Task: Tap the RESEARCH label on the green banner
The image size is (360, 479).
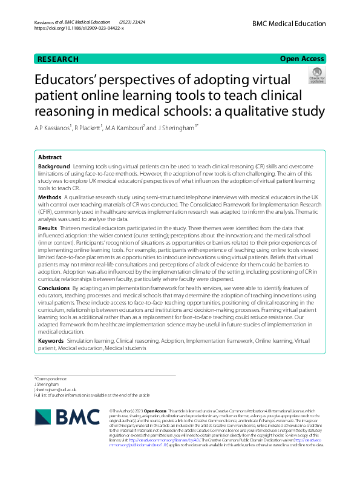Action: pyautogui.click(x=57, y=59)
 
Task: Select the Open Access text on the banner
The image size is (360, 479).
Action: pyautogui.click(x=302, y=59)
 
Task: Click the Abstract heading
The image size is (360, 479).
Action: pyautogui.click(x=50, y=157)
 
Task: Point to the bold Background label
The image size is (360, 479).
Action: pyautogui.click(x=53, y=166)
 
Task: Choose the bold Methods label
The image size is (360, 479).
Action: pyautogui.click(x=49, y=197)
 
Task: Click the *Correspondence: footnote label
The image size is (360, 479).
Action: pyautogui.click(x=51, y=378)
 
